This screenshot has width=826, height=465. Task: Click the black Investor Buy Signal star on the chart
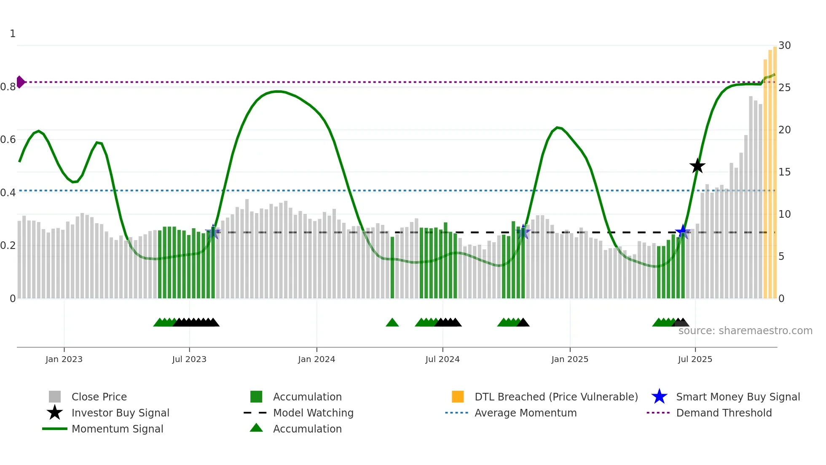pos(697,166)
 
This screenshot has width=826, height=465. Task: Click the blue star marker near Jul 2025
pos(683,232)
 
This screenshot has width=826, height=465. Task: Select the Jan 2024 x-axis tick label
pos(316,359)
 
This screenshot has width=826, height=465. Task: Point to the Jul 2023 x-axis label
pos(189,359)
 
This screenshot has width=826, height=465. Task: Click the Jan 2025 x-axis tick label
pos(570,359)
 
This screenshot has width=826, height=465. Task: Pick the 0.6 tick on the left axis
pos(8,140)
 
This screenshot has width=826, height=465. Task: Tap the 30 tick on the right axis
pos(784,46)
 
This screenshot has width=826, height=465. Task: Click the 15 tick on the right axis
pos(784,172)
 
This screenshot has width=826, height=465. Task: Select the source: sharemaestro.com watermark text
pos(745,331)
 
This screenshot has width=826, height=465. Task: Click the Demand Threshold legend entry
pos(724,413)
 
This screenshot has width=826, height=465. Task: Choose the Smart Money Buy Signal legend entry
pos(737,397)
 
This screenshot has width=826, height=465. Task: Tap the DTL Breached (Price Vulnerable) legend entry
pos(556,397)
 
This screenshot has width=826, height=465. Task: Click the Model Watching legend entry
pos(313,413)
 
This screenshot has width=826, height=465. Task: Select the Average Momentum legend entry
pos(525,413)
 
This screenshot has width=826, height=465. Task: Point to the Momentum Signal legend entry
pos(117,429)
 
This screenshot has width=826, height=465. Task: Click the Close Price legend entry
pos(99,397)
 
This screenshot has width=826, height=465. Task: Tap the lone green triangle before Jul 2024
pos(392,323)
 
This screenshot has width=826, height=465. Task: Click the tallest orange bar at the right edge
pos(775,169)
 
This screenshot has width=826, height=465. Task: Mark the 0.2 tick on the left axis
pos(8,246)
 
